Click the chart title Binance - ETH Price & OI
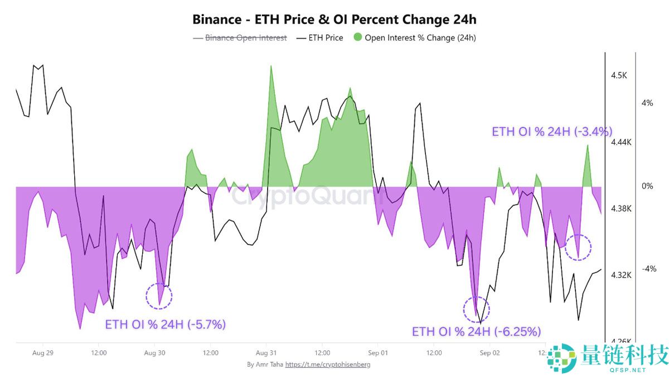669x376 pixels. (x=334, y=19)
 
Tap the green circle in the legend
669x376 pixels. (x=357, y=38)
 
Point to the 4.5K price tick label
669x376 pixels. (x=618, y=75)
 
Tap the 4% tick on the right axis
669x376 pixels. (x=647, y=103)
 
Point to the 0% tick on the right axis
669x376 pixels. (x=647, y=186)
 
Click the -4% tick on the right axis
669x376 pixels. (x=648, y=269)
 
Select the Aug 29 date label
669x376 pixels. (x=43, y=353)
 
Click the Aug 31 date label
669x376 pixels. (x=266, y=353)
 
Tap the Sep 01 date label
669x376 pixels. (x=377, y=353)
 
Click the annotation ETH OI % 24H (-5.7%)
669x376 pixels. (x=166, y=324)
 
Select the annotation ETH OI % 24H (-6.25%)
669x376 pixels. (x=476, y=332)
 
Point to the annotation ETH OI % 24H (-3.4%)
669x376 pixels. (x=552, y=132)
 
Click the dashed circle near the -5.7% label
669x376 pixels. (x=159, y=296)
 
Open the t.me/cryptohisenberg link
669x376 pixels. (x=328, y=364)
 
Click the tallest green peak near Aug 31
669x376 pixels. (x=271, y=67)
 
